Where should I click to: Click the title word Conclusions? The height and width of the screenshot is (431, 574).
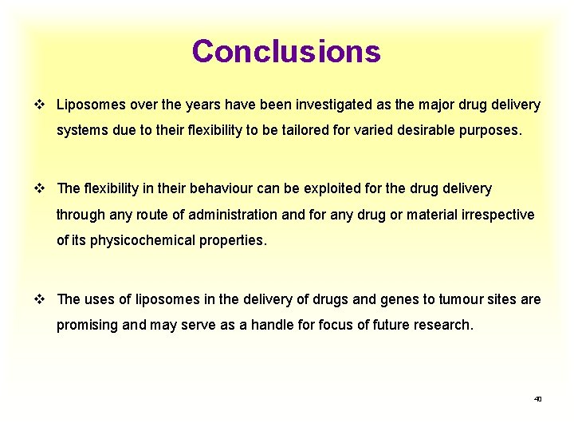286,52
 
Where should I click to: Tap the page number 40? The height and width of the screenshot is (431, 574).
537,398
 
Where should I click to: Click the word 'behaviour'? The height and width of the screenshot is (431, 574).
199,189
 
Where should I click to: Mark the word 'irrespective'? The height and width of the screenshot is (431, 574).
496,215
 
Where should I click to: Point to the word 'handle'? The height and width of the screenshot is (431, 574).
273,325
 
